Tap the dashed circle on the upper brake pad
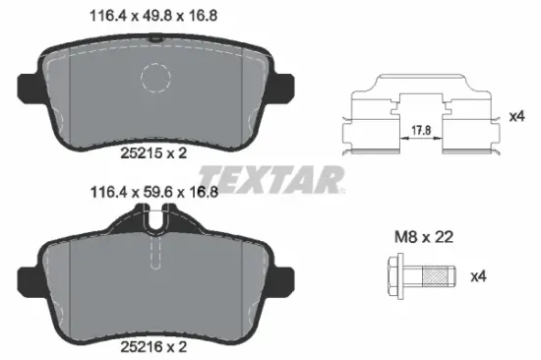click(157, 78)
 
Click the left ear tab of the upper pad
click(30, 83)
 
